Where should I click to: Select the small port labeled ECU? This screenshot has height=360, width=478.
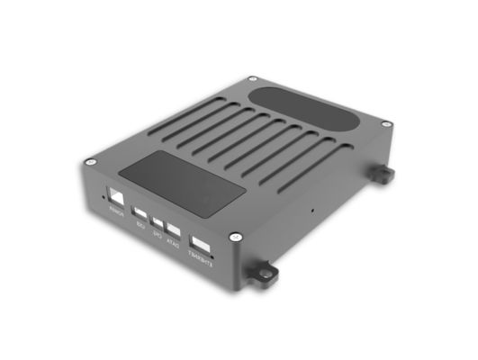pos(140,214)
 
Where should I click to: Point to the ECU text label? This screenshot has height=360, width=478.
pos(140,226)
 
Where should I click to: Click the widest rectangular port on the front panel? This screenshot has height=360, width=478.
pos(201,244)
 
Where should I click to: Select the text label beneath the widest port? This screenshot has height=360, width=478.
pos(200,261)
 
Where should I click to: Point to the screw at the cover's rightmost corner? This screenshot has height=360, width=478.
pos(385,123)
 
